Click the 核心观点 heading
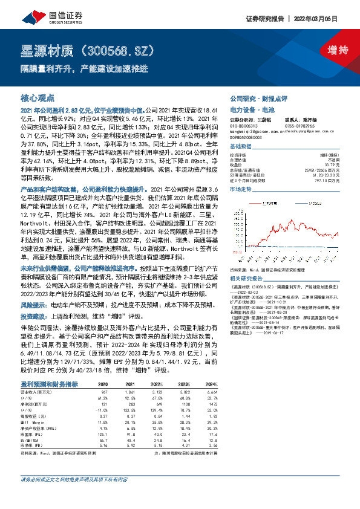click(38, 97)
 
